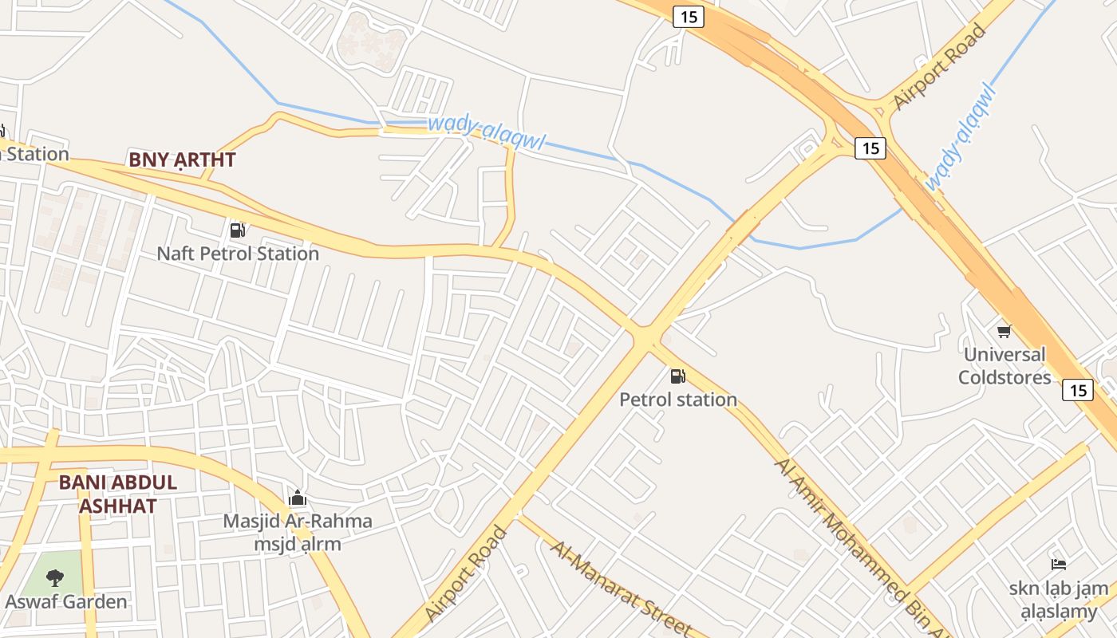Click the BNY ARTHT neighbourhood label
[182, 159]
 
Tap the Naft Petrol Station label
[238, 254]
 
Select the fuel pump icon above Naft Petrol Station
[237, 230]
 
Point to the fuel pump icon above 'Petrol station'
[677, 376]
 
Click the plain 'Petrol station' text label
[678, 400]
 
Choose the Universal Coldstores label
[1004, 365]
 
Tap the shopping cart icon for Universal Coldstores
[1004, 331]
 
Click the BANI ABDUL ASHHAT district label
[118, 494]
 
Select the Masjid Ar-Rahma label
[297, 522]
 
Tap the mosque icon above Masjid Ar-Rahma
[298, 498]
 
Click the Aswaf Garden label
[66, 601]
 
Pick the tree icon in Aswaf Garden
[55, 577]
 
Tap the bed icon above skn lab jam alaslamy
[1059, 565]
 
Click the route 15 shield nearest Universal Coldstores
[1077, 390]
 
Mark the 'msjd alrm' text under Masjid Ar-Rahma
[297, 545]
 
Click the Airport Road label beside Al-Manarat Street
[467, 573]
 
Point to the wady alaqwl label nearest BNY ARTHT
[486, 132]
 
